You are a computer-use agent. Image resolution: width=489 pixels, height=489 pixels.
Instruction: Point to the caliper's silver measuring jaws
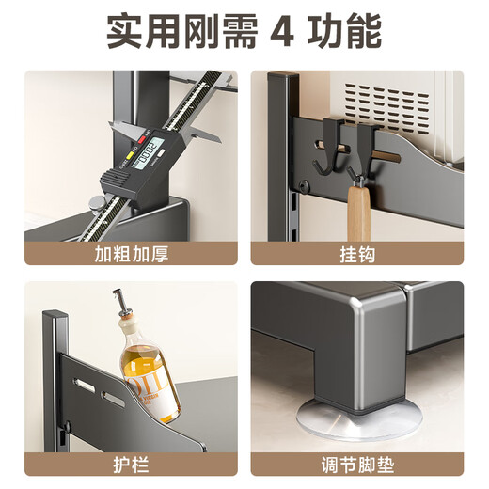(x=127, y=133)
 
